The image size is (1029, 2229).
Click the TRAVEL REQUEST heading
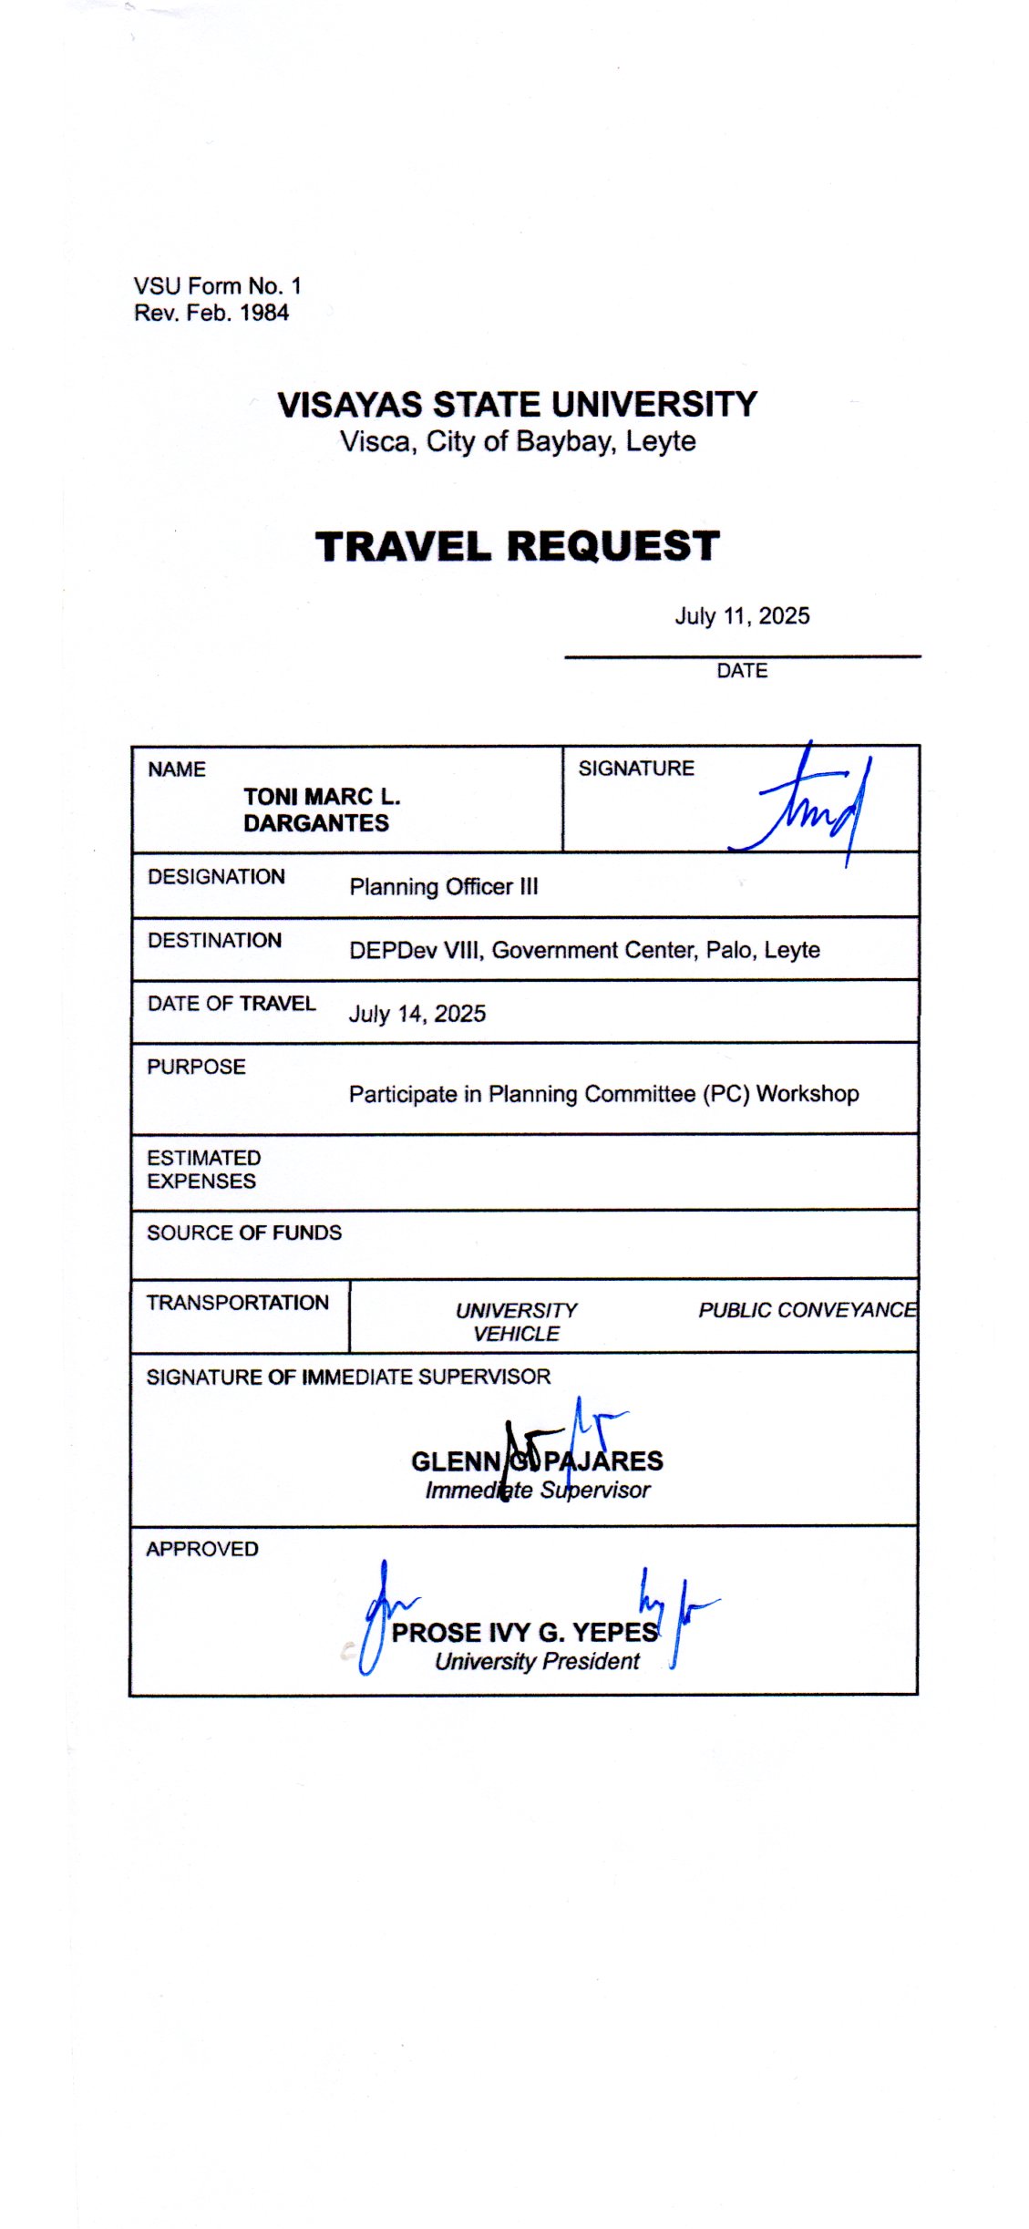click(x=517, y=547)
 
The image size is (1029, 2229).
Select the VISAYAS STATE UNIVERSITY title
click(x=517, y=405)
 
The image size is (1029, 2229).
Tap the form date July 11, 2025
click(x=742, y=616)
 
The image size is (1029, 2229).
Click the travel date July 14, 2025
click(x=417, y=1014)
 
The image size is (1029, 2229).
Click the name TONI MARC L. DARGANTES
click(x=321, y=810)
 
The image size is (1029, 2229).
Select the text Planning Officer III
click(x=444, y=887)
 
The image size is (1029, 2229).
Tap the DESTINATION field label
click(x=214, y=941)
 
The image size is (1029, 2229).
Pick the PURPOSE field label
click(x=196, y=1067)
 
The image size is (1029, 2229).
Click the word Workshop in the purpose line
click(x=808, y=1094)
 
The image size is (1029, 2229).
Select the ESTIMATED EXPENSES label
click(x=203, y=1170)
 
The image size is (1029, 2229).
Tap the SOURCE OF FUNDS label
click(x=244, y=1233)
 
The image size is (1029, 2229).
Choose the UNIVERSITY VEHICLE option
click(x=516, y=1322)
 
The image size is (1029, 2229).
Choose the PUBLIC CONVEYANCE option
click(x=807, y=1310)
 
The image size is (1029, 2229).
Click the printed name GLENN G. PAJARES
click(x=537, y=1461)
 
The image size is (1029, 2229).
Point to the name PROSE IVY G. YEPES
click(x=524, y=1633)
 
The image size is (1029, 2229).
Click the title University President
click(x=537, y=1662)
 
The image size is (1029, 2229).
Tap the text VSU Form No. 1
click(x=217, y=286)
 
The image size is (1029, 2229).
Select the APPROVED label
click(x=202, y=1549)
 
